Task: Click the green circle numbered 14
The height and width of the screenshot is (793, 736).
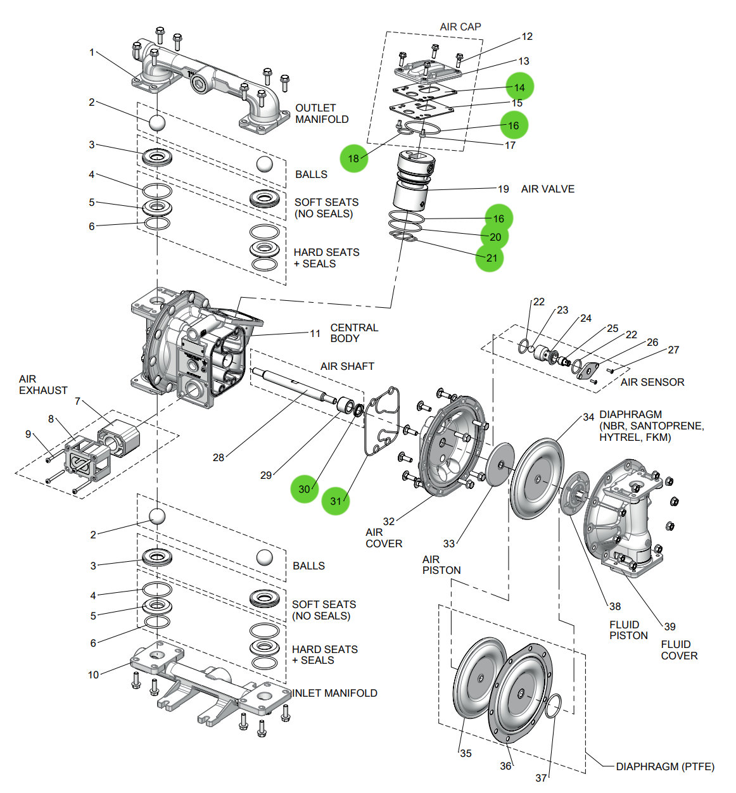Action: pyautogui.click(x=519, y=87)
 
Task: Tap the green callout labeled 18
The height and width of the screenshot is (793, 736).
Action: pyautogui.click(x=353, y=158)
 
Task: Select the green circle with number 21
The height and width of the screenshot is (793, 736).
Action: pyautogui.click(x=490, y=258)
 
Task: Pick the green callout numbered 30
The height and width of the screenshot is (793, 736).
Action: pyautogui.click(x=304, y=488)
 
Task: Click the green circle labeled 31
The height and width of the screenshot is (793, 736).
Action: pyautogui.click(x=336, y=501)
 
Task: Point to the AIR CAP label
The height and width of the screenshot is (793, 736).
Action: pyautogui.click(x=460, y=27)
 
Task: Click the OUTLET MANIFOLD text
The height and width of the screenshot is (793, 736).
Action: pyautogui.click(x=321, y=113)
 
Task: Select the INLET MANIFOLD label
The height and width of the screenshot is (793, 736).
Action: pyautogui.click(x=334, y=693)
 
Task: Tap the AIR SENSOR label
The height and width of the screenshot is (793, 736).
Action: pyautogui.click(x=652, y=382)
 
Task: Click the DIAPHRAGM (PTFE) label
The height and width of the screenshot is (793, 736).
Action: pyautogui.click(x=664, y=766)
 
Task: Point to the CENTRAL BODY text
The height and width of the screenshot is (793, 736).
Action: pyautogui.click(x=353, y=333)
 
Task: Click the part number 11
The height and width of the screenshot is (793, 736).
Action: pyautogui.click(x=315, y=333)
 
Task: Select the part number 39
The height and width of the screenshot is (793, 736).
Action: pyautogui.click(x=669, y=626)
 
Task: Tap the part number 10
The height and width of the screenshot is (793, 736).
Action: pyautogui.click(x=93, y=675)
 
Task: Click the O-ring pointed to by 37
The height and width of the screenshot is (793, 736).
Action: pyautogui.click(x=553, y=706)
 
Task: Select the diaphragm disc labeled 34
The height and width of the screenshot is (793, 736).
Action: pyautogui.click(x=536, y=478)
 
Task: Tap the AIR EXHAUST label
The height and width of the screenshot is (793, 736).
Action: pyautogui.click(x=42, y=384)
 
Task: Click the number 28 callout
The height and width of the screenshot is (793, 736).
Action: pyautogui.click(x=218, y=457)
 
